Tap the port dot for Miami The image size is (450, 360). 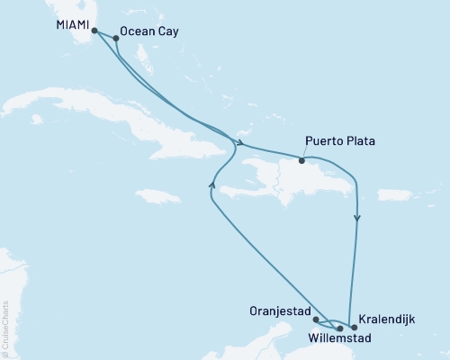pos(94,30)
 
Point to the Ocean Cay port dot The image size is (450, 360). pos(116,39)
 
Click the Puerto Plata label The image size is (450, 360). pos(339,142)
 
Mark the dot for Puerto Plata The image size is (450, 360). pos(302,162)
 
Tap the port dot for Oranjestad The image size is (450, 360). pos(315,319)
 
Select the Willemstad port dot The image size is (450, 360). pos(339,328)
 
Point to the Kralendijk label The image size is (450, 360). pos(388,319)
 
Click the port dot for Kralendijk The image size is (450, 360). pos(354,328)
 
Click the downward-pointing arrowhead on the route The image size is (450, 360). pos(358,218)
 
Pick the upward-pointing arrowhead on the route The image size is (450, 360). pos(211,184)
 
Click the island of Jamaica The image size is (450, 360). pos(157,195)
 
